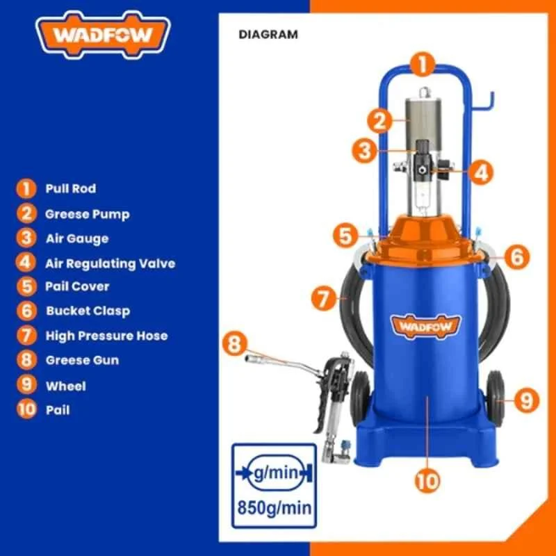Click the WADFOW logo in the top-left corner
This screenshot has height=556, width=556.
102,35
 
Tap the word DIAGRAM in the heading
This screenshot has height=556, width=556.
268,33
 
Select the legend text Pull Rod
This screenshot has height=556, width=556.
71,188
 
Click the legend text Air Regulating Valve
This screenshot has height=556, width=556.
110,263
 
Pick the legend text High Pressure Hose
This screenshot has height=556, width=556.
106,336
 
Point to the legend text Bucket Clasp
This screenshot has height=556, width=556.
88,311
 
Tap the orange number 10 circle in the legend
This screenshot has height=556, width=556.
26,410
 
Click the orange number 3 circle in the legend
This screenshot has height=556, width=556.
26,238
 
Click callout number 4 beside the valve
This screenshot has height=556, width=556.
481,172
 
